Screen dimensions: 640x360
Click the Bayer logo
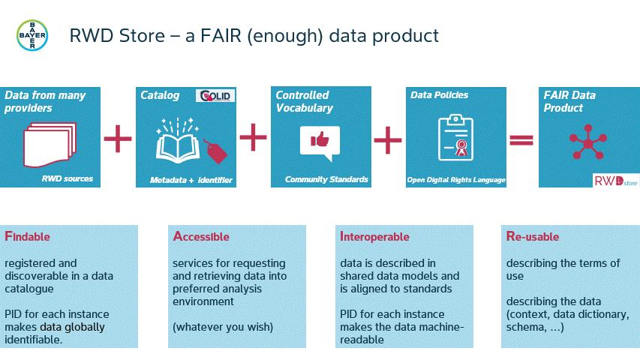(32, 35)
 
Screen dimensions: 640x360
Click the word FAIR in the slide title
(221, 36)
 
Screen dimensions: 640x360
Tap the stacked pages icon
(50, 145)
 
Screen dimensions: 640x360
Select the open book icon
(178, 141)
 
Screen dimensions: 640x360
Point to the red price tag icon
(215, 151)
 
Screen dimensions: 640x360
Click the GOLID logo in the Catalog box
(215, 96)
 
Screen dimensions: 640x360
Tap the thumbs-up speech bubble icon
(320, 143)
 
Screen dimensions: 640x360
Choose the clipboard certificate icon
(455, 137)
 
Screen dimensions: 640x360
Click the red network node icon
(588, 142)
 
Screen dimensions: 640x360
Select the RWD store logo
(616, 181)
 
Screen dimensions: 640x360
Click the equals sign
(521, 140)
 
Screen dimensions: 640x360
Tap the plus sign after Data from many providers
(118, 139)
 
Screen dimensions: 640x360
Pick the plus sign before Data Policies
(388, 140)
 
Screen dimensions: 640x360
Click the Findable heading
(27, 236)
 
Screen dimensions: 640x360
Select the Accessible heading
(201, 236)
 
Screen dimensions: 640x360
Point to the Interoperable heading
(374, 237)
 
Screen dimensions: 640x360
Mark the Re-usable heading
(533, 236)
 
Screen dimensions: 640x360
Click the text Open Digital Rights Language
(456, 180)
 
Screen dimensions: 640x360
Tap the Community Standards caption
(326, 179)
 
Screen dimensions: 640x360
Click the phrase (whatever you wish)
(223, 327)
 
